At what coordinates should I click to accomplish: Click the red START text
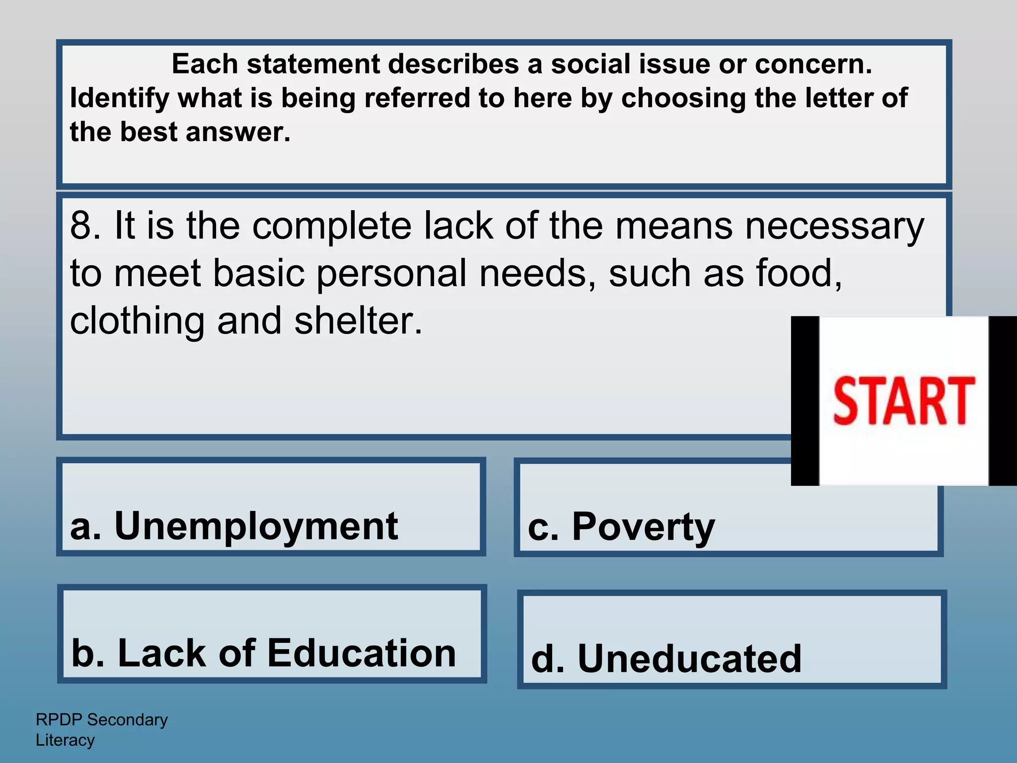(903, 401)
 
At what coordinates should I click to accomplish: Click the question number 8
(82, 227)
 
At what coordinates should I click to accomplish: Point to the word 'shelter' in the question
(358, 321)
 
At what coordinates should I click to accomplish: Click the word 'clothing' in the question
(137, 321)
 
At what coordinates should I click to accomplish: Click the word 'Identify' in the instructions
(119, 98)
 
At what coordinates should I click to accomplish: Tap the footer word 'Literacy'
(65, 740)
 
